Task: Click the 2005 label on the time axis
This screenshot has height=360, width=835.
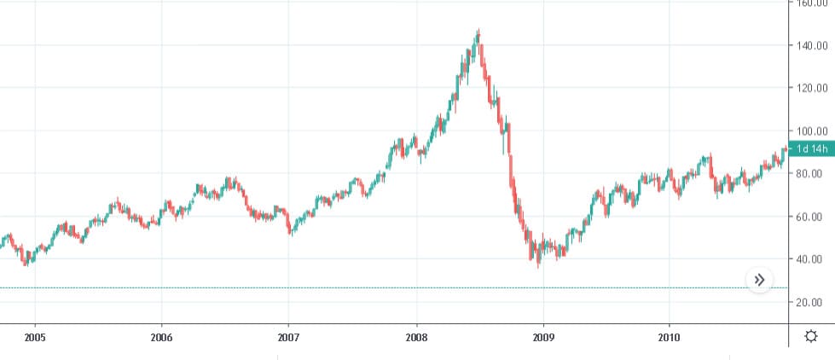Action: point(35,336)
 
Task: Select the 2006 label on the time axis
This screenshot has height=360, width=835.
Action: point(161,336)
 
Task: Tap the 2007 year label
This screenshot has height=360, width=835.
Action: point(288,336)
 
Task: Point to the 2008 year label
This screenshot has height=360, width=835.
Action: point(416,336)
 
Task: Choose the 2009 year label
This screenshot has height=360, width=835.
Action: point(543,336)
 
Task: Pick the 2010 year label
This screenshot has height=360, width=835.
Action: point(670,336)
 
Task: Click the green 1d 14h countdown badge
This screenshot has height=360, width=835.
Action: point(811,149)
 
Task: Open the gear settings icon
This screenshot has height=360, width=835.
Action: point(811,336)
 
